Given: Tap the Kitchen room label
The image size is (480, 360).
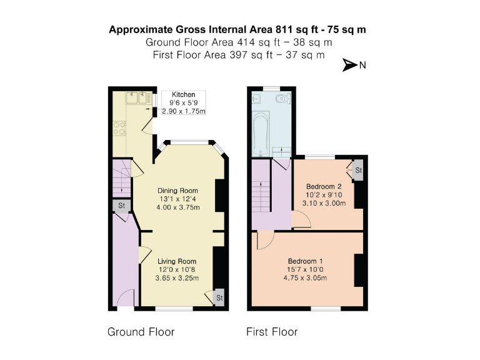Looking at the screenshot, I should pos(183,94).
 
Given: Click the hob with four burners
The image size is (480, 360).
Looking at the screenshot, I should pos(118,127).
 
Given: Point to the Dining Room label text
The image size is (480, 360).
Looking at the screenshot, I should pos(177,191).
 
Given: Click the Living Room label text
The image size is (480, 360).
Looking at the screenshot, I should pos(177,261).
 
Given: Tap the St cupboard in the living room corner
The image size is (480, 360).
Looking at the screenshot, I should pos(219,298).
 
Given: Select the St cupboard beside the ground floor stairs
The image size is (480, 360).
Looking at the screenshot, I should pos(121,206).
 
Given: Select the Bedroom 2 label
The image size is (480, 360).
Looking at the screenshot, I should pos(324,186).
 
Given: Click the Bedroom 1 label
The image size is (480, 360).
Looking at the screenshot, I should pos(306,261).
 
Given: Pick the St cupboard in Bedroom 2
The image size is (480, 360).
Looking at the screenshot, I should pos(357,170).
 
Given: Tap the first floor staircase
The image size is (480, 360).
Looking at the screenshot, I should pos(261,194).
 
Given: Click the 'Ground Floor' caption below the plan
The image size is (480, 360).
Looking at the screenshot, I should pos(141,331).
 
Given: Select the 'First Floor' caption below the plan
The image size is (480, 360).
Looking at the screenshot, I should pos(272,331).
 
